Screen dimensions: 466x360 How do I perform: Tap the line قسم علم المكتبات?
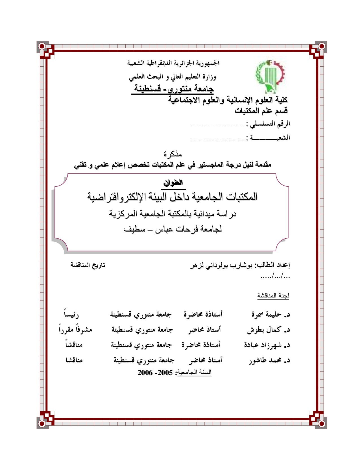point(261,111)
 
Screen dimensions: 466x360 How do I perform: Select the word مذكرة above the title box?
point(173,154)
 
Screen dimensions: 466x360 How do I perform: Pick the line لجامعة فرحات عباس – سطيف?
point(173,229)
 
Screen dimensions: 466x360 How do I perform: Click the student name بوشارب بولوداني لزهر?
point(221,265)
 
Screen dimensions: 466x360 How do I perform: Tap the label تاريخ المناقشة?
point(88,265)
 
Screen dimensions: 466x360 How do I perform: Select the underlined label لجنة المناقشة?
point(273,295)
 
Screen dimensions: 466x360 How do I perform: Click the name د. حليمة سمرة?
point(270,314)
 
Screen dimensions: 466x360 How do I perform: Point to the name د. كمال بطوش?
point(269,329)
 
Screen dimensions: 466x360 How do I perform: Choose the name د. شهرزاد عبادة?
point(267,345)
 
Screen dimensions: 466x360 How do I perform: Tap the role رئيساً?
point(71,314)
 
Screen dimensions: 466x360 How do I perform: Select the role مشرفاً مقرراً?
point(75,329)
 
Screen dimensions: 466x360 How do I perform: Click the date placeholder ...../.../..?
point(275,276)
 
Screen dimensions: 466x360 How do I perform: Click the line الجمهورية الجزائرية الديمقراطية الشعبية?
point(173,63)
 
